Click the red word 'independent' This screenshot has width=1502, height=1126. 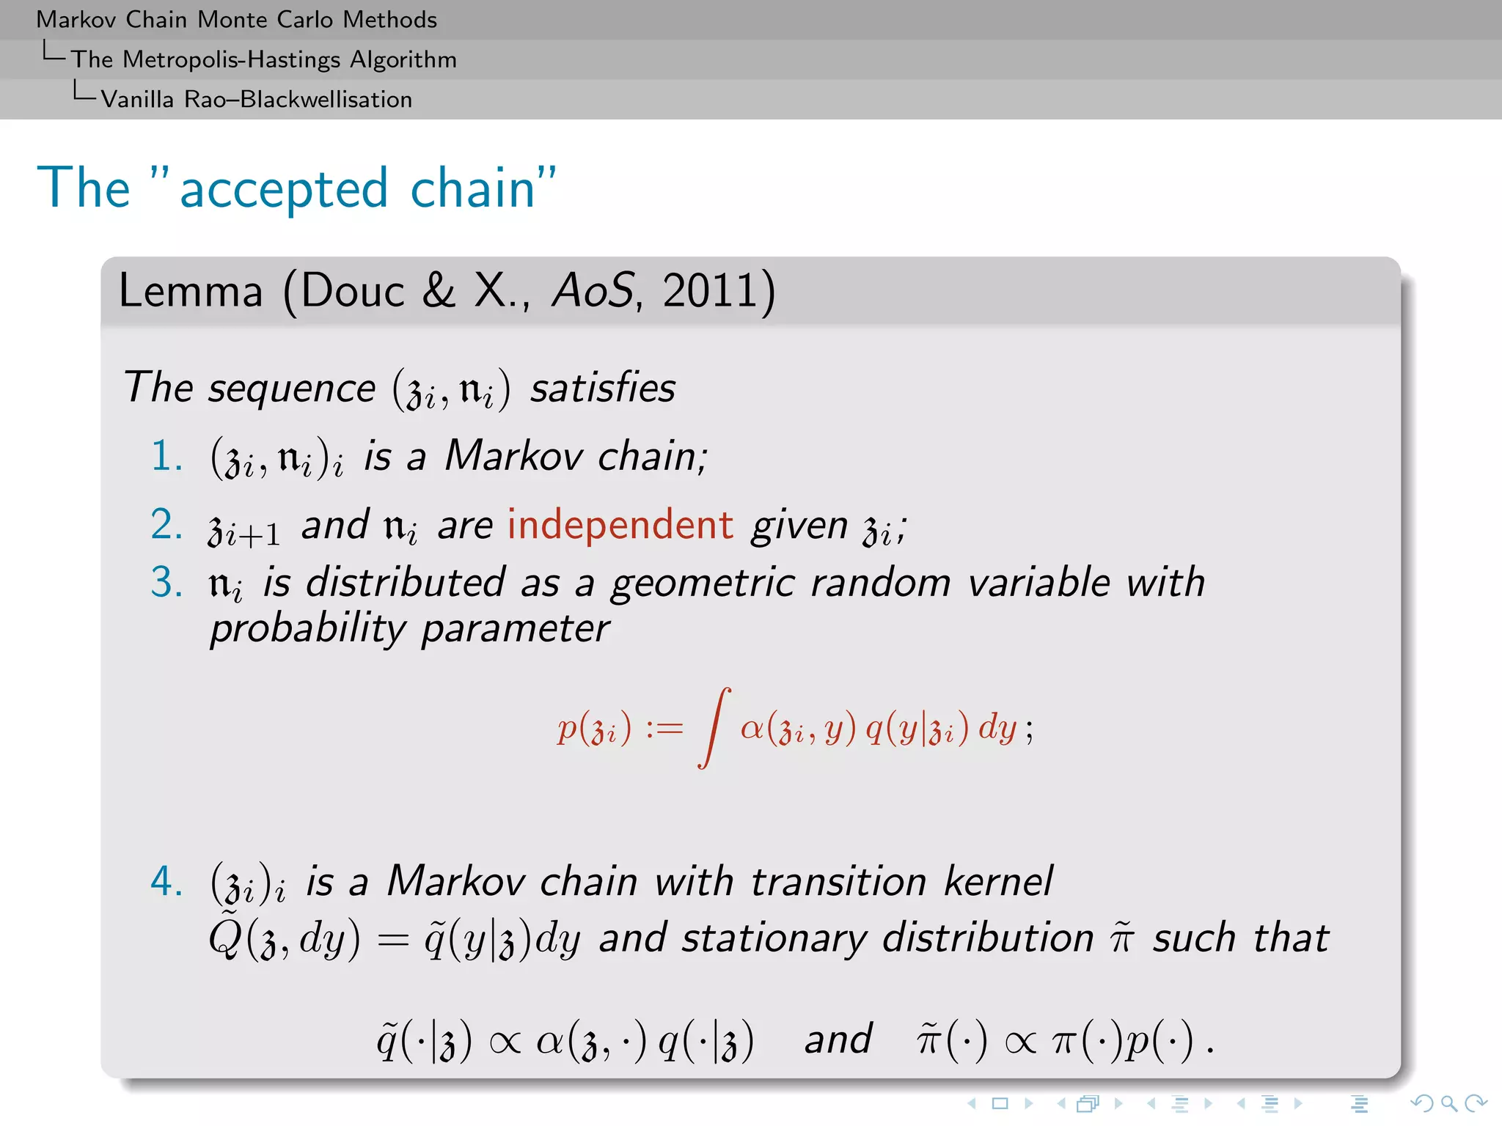click(620, 525)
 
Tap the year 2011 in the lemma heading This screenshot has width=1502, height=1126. click(709, 290)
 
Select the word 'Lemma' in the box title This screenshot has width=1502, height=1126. click(191, 290)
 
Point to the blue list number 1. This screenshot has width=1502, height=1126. click(166, 456)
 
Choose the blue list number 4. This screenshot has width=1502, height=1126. click(166, 880)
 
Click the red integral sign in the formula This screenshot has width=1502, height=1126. click(714, 727)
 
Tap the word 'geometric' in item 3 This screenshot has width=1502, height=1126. click(703, 583)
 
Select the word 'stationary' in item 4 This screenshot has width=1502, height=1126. click(774, 938)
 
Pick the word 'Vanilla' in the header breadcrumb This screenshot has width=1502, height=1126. click(137, 99)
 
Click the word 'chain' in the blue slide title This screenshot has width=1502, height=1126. click(473, 188)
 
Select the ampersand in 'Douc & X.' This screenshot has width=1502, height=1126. click(439, 290)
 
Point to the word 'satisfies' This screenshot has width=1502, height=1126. click(602, 387)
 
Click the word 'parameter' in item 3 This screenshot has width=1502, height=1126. click(515, 628)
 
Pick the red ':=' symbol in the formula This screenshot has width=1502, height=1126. click(664, 729)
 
